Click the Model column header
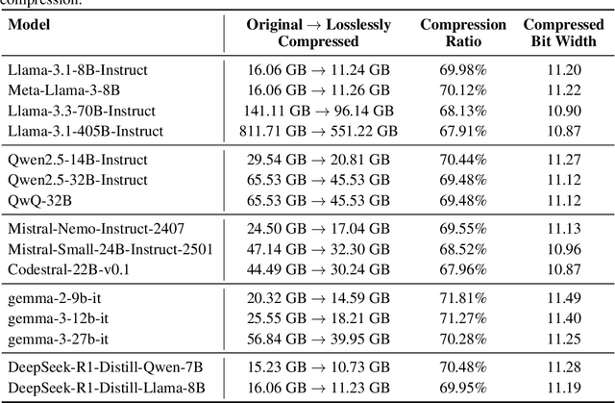point(30,25)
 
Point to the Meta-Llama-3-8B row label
point(60,90)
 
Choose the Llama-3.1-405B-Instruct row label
point(84,131)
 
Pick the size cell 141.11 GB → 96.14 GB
point(317,111)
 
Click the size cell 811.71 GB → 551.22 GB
point(319,131)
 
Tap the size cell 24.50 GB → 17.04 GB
point(319,230)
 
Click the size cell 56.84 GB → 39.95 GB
point(319,339)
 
